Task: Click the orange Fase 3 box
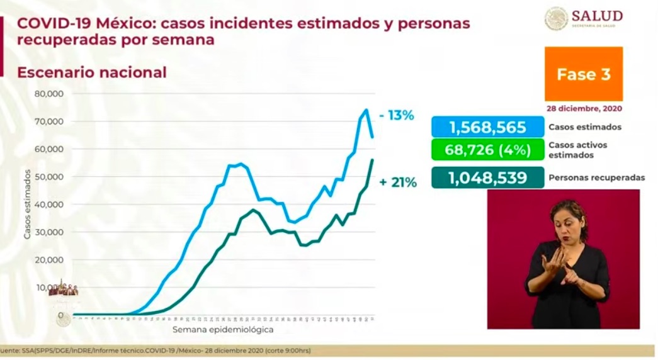(x=583, y=74)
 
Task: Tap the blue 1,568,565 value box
(x=487, y=127)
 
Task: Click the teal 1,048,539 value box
(x=487, y=177)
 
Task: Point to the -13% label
(x=397, y=115)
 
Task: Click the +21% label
(x=397, y=183)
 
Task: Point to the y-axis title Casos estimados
(x=27, y=205)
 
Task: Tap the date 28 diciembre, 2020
(x=583, y=107)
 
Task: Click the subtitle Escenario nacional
(x=92, y=72)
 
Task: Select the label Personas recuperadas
(x=596, y=178)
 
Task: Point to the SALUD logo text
(x=597, y=16)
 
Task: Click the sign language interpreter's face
(x=569, y=220)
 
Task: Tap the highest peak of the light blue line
(x=366, y=110)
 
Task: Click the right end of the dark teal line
(x=372, y=160)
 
